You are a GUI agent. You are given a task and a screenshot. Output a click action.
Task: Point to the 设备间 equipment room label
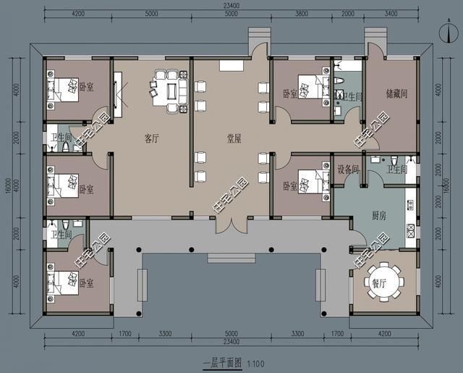[349, 169]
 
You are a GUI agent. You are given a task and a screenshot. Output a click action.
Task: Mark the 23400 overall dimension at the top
[231, 7]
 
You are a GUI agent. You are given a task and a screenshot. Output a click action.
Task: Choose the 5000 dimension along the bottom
[231, 334]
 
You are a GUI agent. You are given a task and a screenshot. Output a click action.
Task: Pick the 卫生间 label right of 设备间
[398, 169]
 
